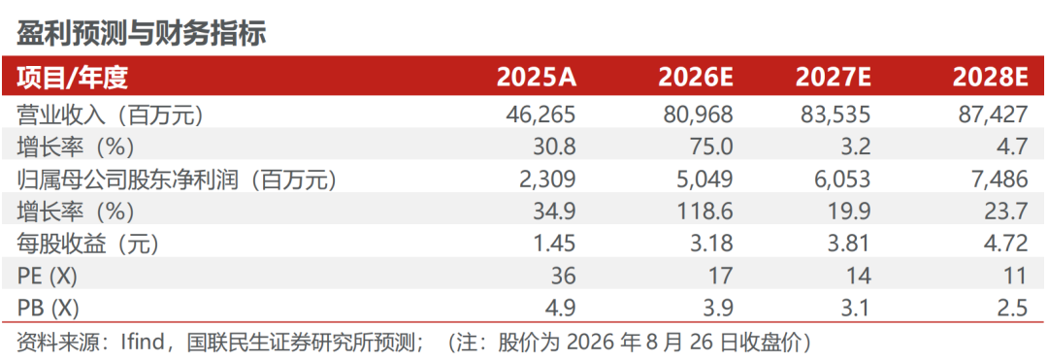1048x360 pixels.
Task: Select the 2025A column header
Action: point(536,79)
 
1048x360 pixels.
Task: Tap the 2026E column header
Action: point(696,79)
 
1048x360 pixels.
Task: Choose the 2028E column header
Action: point(990,79)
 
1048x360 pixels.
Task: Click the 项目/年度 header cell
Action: point(72,79)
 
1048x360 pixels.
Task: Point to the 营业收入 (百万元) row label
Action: point(109,115)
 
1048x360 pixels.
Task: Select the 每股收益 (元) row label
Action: point(87,245)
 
